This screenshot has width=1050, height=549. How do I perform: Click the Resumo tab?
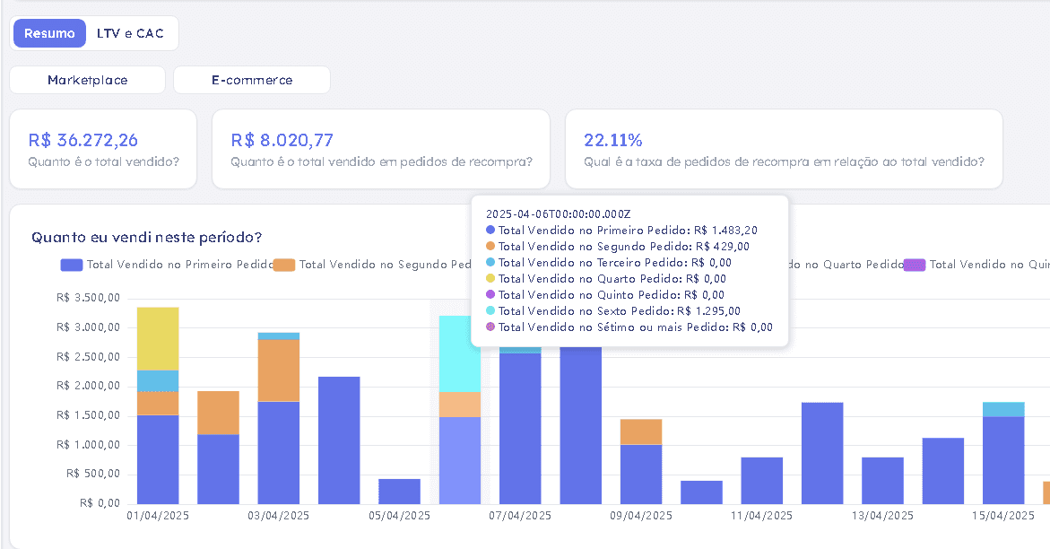click(x=49, y=33)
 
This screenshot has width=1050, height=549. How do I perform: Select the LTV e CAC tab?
click(x=130, y=33)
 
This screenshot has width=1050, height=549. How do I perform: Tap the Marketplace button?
click(x=87, y=80)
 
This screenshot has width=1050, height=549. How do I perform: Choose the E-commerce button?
click(x=252, y=80)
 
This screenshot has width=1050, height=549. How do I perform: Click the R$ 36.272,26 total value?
click(x=83, y=140)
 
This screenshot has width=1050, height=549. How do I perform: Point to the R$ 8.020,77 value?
click(x=282, y=140)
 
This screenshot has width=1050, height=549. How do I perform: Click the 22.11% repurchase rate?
click(x=612, y=140)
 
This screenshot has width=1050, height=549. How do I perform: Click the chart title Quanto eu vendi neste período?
click(x=147, y=238)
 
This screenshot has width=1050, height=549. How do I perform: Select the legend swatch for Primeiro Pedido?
click(x=72, y=265)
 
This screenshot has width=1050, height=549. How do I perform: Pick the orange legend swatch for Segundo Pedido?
click(x=284, y=265)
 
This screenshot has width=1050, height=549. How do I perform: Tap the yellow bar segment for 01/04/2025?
click(x=158, y=338)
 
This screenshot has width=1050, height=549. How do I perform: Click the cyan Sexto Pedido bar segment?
click(x=460, y=354)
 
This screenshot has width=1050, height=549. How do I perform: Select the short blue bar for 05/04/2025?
click(x=400, y=492)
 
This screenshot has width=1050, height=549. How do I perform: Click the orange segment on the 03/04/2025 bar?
click(x=279, y=370)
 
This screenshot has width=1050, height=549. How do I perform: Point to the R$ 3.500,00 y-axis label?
click(x=89, y=298)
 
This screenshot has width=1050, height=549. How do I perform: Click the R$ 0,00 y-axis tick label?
click(x=100, y=502)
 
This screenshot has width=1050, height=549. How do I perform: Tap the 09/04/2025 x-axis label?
click(x=641, y=516)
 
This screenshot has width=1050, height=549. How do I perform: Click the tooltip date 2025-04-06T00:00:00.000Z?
click(x=559, y=214)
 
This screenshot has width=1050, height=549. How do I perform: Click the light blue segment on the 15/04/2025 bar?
click(x=1003, y=410)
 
